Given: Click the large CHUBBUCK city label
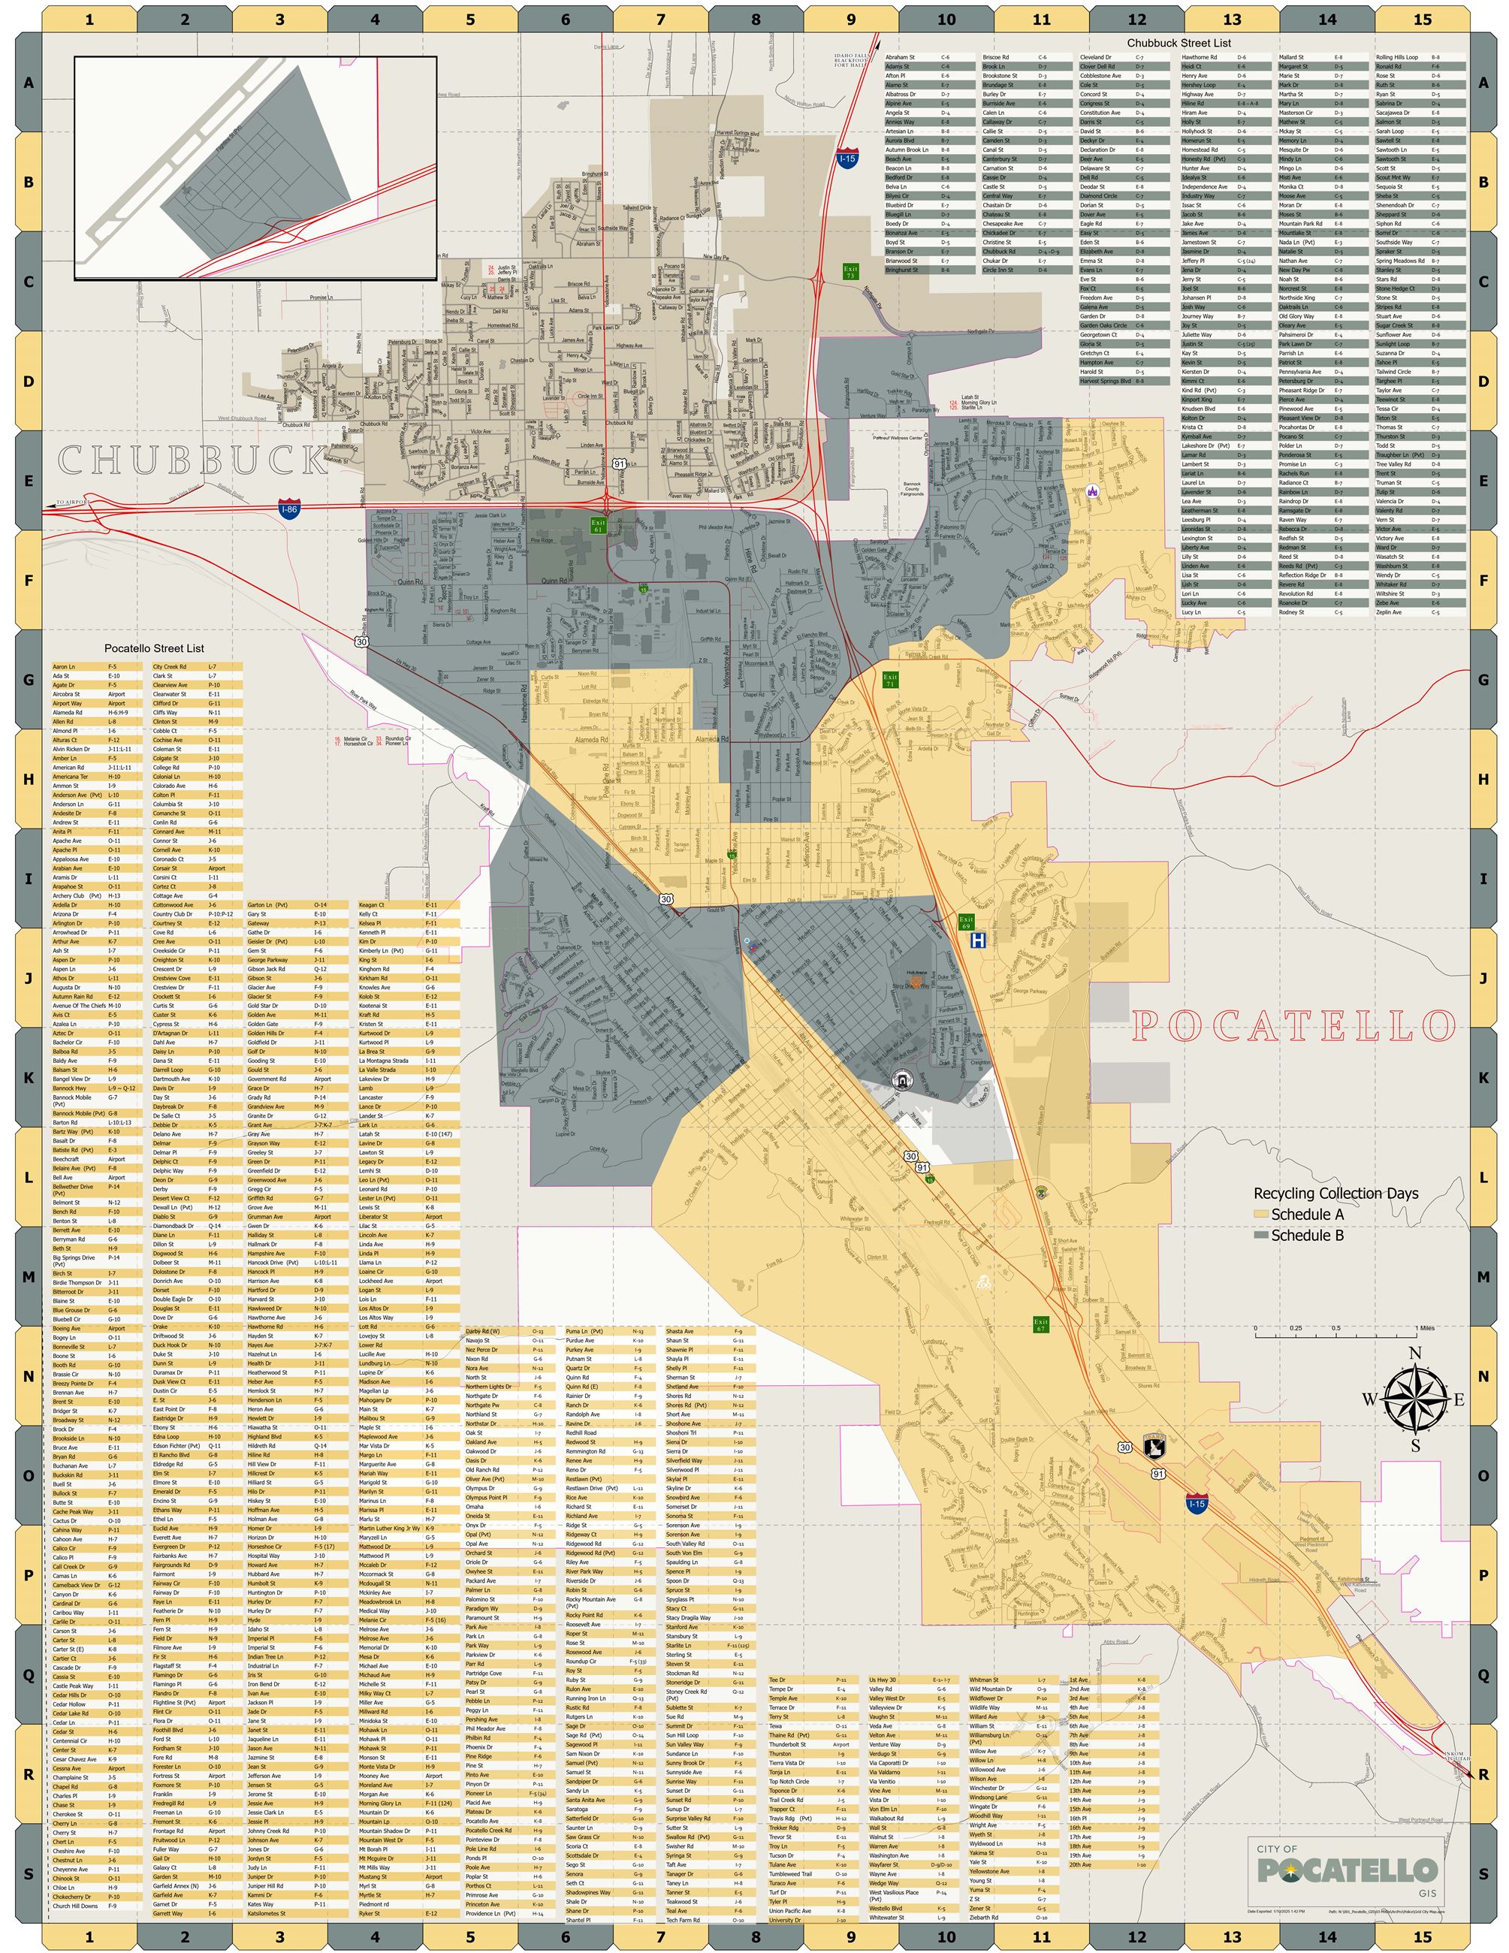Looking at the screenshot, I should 192,460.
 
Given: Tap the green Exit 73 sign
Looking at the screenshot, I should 850,271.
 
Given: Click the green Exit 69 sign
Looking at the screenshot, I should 965,922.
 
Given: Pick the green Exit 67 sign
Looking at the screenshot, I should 1040,1324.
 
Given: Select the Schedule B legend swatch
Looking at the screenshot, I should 1260,1235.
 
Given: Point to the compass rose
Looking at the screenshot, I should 1414,1399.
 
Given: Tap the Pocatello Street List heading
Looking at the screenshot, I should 154,648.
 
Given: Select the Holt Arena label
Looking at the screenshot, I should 916,972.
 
